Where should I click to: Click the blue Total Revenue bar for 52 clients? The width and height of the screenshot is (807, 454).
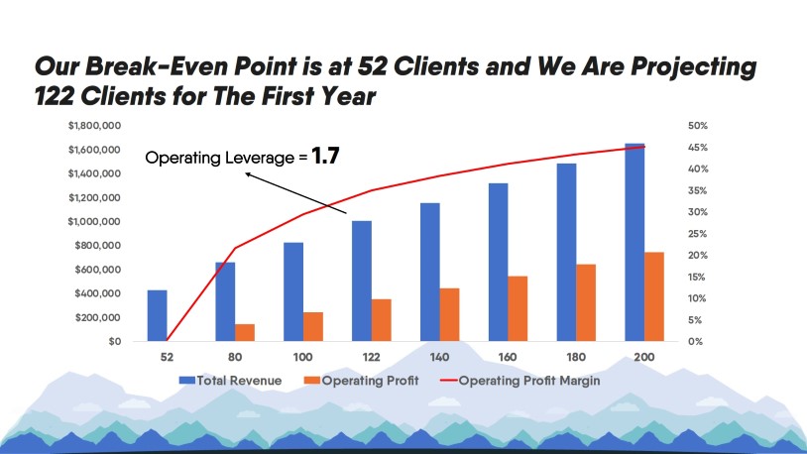point(157,315)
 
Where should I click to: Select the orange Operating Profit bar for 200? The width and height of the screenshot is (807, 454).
point(654,296)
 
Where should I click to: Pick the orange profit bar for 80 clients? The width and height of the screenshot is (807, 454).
point(245,332)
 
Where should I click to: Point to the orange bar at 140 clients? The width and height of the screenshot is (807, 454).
point(450,314)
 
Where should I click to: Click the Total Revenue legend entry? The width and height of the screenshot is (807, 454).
point(230,380)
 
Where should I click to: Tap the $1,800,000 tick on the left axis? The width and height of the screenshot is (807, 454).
point(95,126)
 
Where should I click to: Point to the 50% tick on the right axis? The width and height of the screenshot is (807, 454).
point(696,126)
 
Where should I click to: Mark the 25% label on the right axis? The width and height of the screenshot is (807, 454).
point(696,234)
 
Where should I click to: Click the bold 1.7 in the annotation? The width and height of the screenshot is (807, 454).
point(326,156)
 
